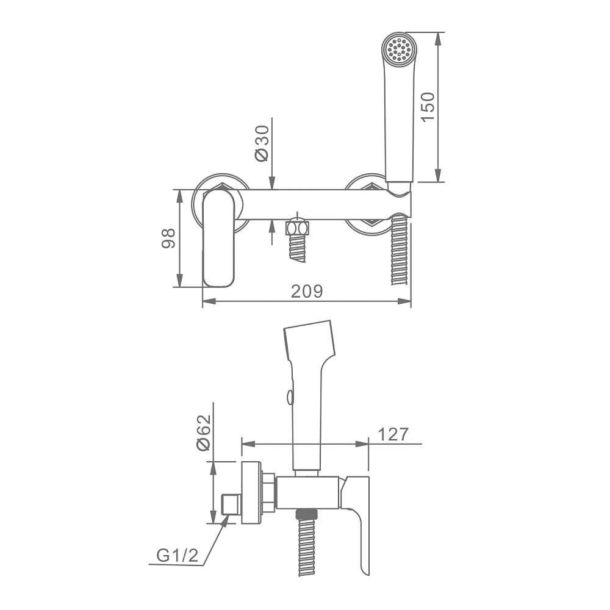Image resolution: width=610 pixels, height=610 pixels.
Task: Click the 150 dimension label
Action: [428, 107]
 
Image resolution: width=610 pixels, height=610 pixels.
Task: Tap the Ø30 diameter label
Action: [262, 143]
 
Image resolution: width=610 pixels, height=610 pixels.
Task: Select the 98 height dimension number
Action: [168, 239]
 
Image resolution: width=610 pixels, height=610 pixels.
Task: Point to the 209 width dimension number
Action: [307, 291]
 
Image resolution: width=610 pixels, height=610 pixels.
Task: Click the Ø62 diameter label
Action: [204, 432]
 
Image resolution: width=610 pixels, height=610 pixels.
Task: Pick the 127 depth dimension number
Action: [393, 434]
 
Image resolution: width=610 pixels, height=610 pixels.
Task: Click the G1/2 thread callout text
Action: [178, 555]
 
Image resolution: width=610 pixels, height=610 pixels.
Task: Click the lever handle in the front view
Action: [218, 238]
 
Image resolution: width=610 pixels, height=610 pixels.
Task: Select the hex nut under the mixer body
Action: [297, 228]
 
